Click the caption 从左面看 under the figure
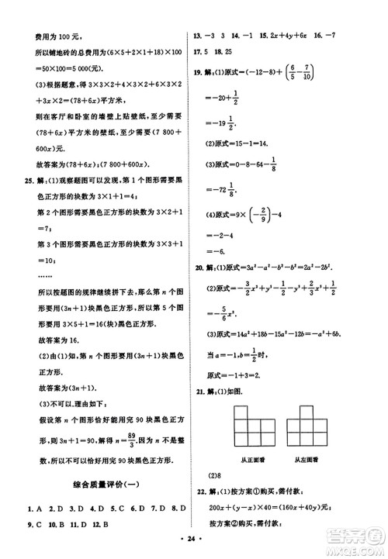pyautogui.click(x=312, y=459)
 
